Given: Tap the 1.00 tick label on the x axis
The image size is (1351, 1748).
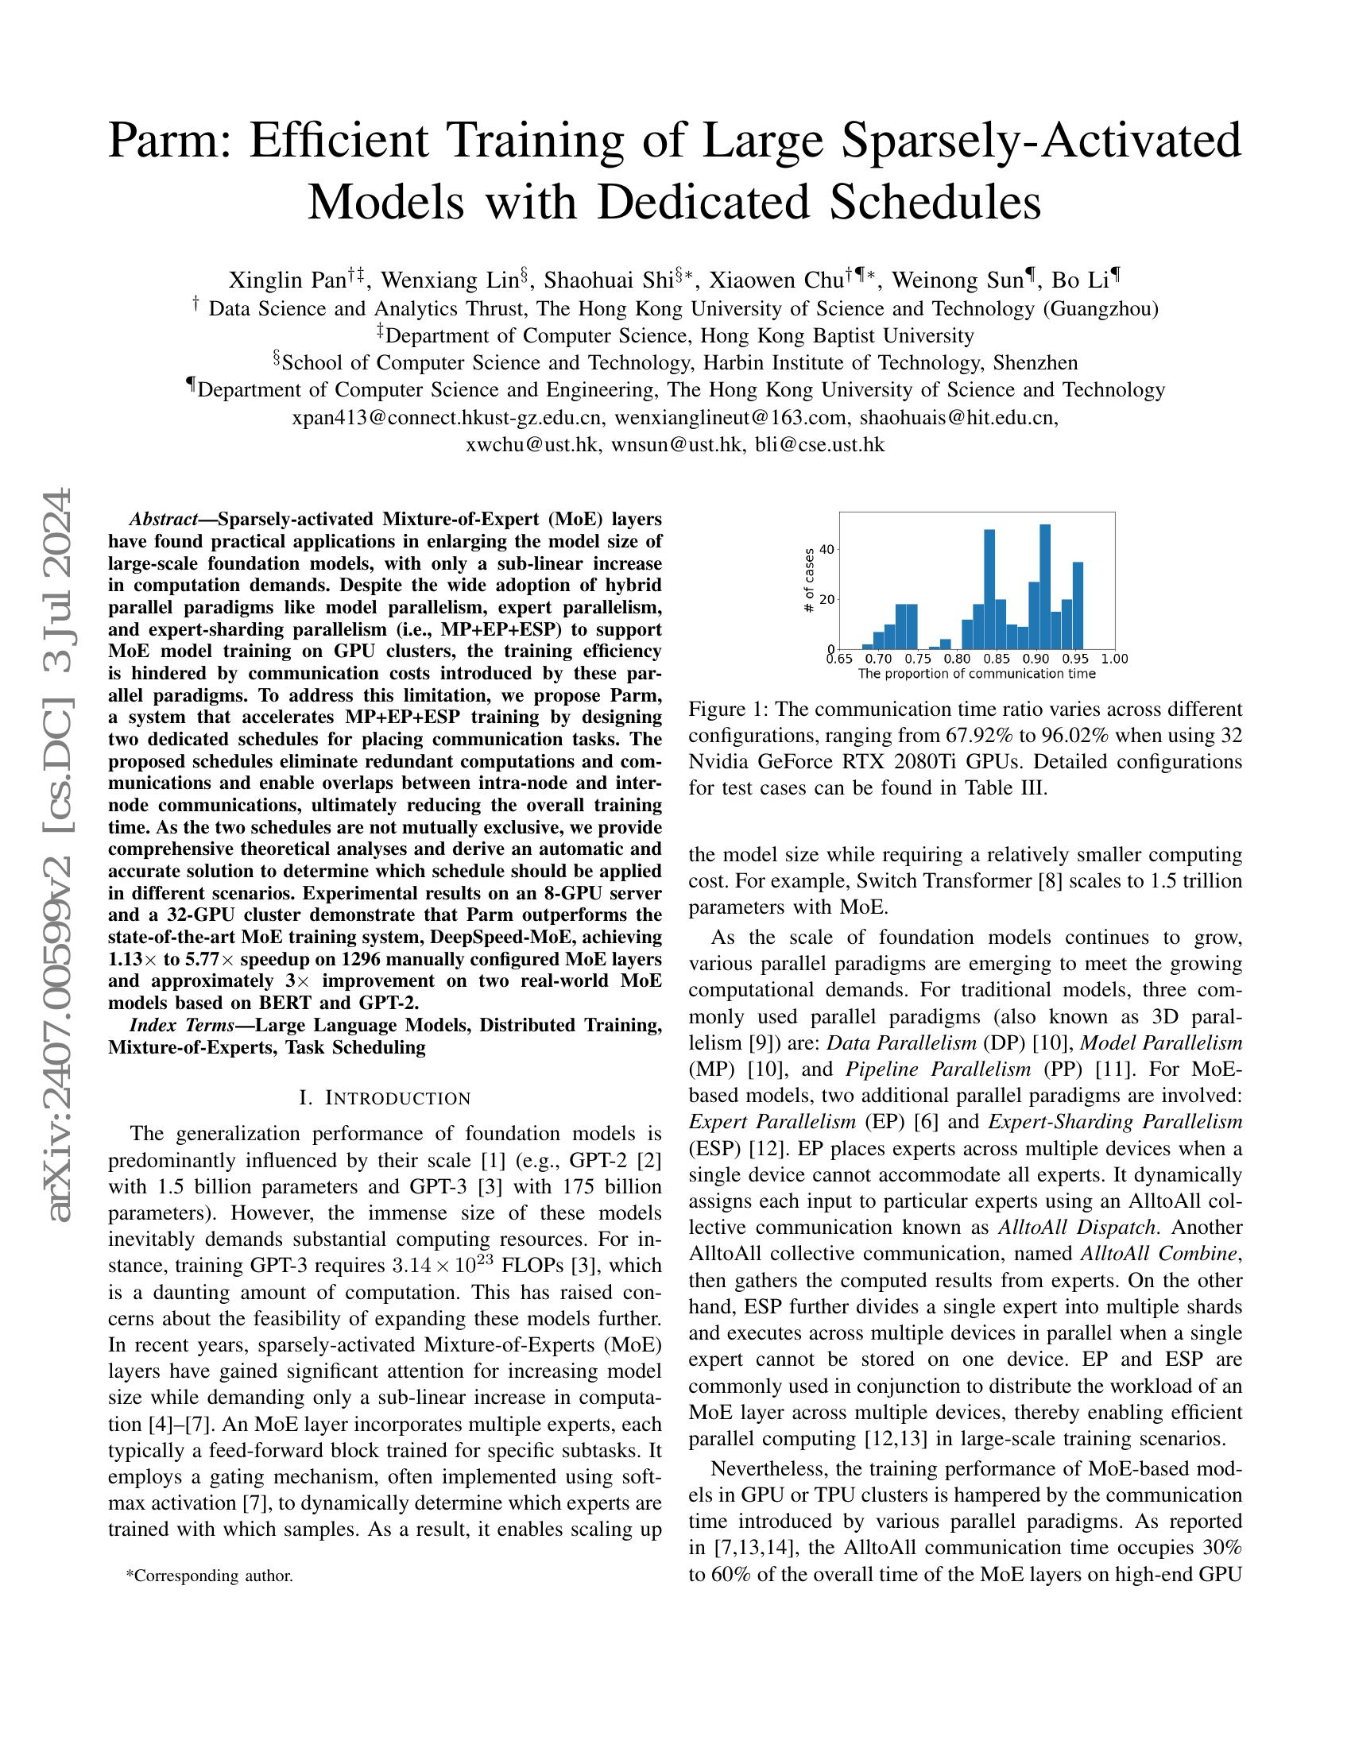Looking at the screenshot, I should (x=1114, y=659).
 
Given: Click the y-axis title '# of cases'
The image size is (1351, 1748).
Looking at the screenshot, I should (x=808, y=580).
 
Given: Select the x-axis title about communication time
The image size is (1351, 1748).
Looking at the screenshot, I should (x=977, y=674).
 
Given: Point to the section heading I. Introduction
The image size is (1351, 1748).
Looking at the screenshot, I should (x=384, y=1098).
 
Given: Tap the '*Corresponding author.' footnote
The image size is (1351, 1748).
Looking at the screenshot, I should (x=210, y=1576).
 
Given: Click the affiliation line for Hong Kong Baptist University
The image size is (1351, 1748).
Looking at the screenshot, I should (x=675, y=335).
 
